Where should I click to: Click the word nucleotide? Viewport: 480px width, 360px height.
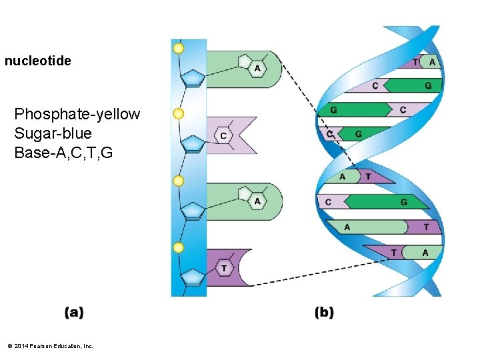tap(38, 61)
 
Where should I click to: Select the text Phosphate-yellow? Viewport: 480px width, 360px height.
tap(77, 114)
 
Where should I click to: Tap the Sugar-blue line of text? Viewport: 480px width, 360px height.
tap(53, 133)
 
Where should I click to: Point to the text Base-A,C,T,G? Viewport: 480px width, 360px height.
tap(63, 153)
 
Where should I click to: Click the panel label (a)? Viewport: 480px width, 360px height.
tap(74, 312)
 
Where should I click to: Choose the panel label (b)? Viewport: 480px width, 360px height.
tap(324, 312)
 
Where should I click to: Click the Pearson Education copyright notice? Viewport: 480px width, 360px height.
tap(49, 346)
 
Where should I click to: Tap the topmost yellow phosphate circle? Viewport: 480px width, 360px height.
tap(178, 48)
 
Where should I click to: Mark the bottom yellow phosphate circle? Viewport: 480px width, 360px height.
tap(178, 247)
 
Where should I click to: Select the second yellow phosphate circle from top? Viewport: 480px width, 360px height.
tap(178, 114)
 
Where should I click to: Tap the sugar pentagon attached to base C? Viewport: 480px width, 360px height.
tap(193, 143)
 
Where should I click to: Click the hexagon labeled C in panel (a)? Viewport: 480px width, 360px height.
tap(223, 135)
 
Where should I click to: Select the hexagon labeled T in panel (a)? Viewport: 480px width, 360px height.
tap(224, 268)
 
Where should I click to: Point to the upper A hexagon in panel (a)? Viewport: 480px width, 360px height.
tap(257, 69)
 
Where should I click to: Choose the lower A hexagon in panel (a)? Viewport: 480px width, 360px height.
tap(257, 201)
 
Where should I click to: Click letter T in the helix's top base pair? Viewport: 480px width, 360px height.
tap(416, 62)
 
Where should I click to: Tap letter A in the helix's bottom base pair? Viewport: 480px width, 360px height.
tap(425, 253)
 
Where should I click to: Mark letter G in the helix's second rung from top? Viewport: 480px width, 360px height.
tap(428, 85)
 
